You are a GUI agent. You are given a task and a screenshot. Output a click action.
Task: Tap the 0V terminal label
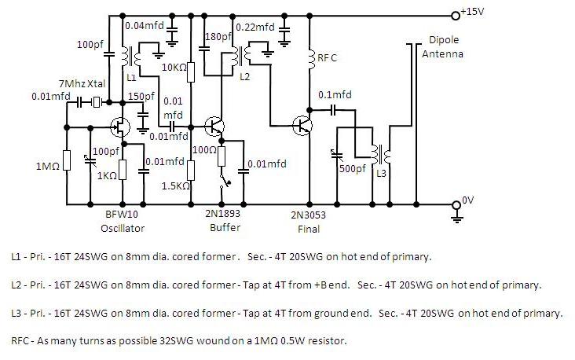pyautogui.click(x=470, y=200)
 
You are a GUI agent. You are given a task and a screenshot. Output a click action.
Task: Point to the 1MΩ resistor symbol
pyautogui.click(x=67, y=161)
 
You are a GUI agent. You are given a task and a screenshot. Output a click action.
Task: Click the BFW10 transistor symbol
pyautogui.click(x=121, y=126)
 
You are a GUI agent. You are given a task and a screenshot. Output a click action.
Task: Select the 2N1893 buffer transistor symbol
pyautogui.click(x=214, y=126)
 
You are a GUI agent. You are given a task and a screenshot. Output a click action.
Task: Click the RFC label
pyautogui.click(x=328, y=57)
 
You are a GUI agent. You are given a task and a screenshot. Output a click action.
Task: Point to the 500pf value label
pyautogui.click(x=352, y=168)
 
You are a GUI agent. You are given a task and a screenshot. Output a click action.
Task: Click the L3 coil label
pyautogui.click(x=381, y=173)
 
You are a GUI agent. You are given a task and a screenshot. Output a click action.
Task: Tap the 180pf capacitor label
pyautogui.click(x=215, y=36)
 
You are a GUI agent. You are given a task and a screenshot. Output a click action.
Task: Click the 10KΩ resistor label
pyautogui.click(x=174, y=68)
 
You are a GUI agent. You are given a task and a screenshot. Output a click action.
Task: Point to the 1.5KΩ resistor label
pyautogui.click(x=174, y=186)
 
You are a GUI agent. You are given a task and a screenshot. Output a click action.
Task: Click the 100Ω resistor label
pyautogui.click(x=206, y=149)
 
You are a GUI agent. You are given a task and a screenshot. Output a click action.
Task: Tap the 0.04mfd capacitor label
pyautogui.click(x=145, y=26)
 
